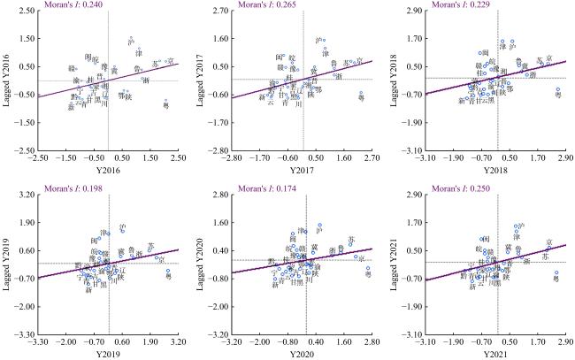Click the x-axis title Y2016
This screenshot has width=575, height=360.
point(108,171)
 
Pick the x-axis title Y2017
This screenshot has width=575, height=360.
point(303,171)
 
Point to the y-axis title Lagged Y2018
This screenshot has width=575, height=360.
point(395,80)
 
